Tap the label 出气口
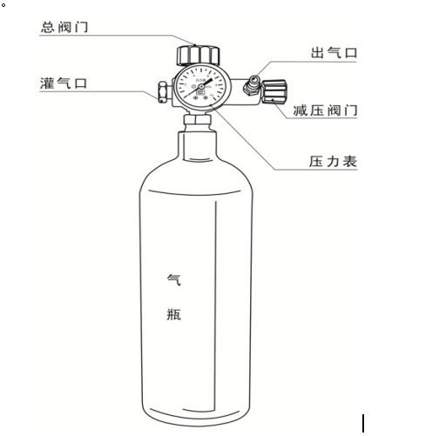pos(334,53)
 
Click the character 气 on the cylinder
pos(173,280)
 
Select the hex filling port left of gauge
pos(163,90)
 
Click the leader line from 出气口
pos(279,62)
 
